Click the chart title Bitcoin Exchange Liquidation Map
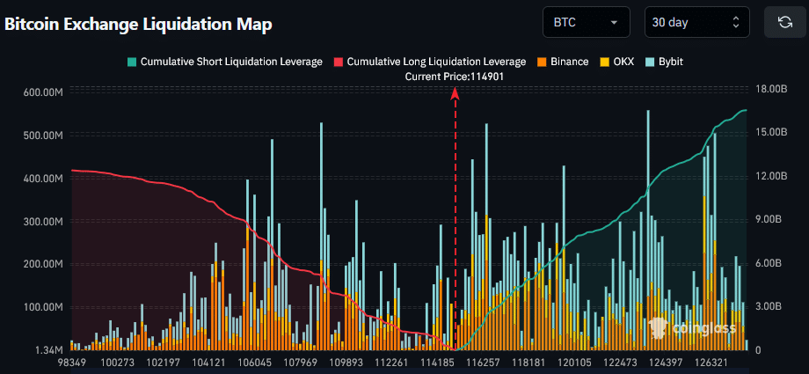point(138,24)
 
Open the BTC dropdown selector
point(586,22)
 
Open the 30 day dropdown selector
point(696,22)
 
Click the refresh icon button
point(784,22)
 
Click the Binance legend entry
point(563,62)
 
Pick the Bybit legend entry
point(664,62)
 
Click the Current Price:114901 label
point(455,77)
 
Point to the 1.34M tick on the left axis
point(48,350)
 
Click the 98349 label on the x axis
point(72,363)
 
